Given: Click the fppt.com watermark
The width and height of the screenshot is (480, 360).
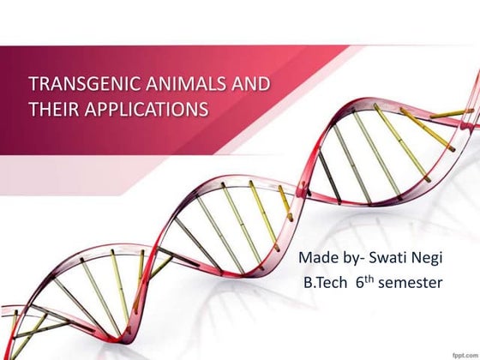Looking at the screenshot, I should (461, 351).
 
